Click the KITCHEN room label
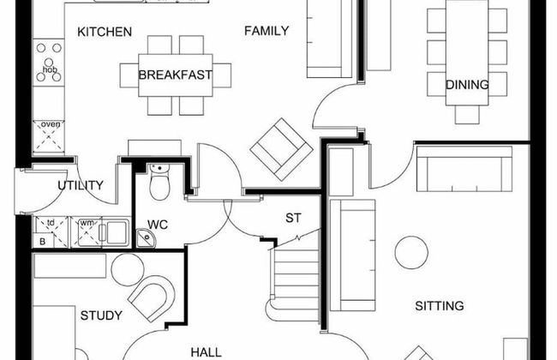[x=105, y=33]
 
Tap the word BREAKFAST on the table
[x=176, y=75]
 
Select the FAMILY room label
[x=267, y=32]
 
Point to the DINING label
[x=467, y=85]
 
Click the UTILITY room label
[x=81, y=185]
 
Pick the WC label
[x=158, y=225]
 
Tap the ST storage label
[x=293, y=218]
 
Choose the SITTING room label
[x=440, y=306]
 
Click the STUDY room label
[x=101, y=315]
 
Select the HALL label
[x=207, y=351]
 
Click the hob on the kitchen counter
[x=48, y=61]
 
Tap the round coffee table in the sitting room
[x=411, y=252]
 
